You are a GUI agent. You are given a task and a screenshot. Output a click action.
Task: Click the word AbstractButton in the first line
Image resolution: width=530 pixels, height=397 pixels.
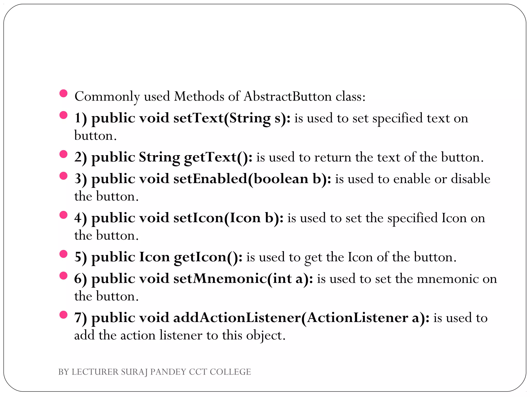pos(288,96)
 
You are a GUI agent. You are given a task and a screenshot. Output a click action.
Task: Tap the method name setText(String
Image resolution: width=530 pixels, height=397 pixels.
pos(222,118)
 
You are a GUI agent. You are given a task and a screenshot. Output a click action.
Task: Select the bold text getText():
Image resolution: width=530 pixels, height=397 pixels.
pos(218,157)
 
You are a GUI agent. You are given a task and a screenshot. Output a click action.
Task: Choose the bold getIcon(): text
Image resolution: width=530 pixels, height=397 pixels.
pos(208,257)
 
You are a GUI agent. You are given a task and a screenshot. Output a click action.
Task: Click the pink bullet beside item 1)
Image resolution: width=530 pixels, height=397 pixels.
pos(63,115)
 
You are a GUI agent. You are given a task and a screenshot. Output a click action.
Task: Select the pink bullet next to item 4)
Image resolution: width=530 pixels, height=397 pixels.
pos(63,215)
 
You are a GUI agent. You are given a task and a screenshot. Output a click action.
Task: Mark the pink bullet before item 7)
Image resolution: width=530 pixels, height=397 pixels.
pos(63,315)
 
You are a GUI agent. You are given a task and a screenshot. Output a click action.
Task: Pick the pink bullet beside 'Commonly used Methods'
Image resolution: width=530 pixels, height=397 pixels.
pos(63,93)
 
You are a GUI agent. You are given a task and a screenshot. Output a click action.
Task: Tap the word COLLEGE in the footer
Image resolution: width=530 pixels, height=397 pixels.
pos(230,372)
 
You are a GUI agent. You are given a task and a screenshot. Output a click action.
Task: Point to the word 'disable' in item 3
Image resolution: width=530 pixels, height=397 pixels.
pos(470,179)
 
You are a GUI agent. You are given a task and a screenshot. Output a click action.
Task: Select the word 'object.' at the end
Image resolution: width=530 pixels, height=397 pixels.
pos(266,335)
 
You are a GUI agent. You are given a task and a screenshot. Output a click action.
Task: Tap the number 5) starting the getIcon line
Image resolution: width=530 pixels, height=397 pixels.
pos(80,257)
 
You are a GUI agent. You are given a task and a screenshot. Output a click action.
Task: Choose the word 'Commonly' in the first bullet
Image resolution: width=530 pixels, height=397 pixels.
pos(107,96)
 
